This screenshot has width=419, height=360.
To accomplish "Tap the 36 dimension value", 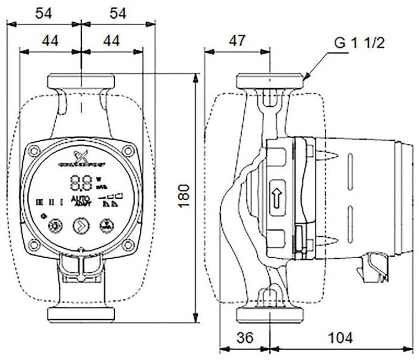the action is pos(245,338).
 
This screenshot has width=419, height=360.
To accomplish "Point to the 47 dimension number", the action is pos(237,41).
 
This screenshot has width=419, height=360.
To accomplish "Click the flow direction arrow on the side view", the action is pos(276,196).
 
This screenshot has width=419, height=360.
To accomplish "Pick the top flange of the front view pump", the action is pos(81,80).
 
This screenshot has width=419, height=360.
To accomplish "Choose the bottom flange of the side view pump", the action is pos(270,314).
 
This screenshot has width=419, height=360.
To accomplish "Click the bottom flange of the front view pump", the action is pos(81,314).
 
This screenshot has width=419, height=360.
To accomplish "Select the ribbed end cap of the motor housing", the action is pos(406,197).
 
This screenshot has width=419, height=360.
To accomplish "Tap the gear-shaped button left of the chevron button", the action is pos(54,227).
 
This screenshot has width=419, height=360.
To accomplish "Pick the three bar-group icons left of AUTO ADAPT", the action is pos(50,202).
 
